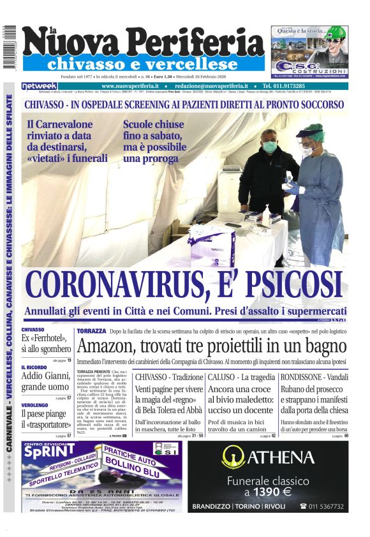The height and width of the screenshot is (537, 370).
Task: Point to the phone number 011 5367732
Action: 326,506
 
